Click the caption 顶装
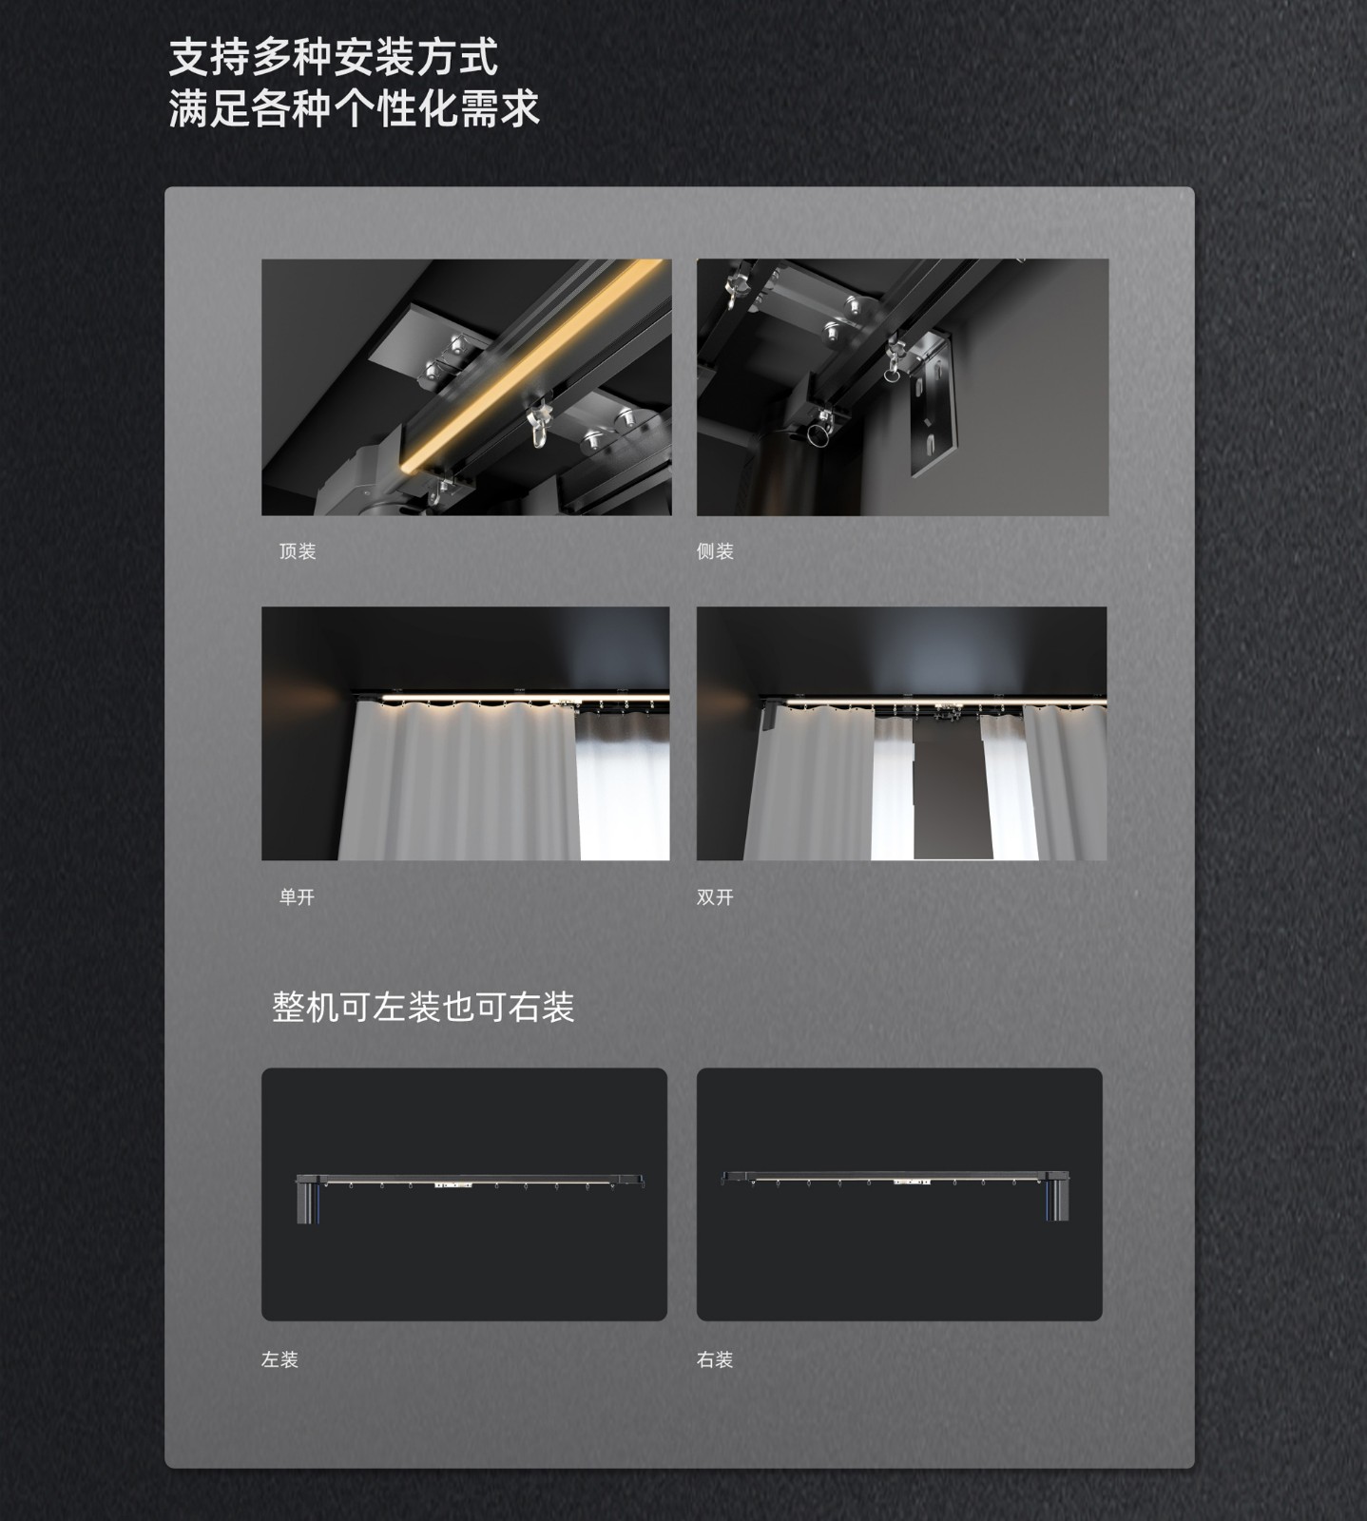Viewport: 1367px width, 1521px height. pyautogui.click(x=298, y=551)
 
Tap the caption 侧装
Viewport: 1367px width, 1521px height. pyautogui.click(x=715, y=551)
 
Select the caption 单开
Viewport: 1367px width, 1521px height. pyautogui.click(x=297, y=897)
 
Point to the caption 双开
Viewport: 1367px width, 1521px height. pyautogui.click(x=715, y=897)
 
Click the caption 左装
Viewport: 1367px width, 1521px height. pyautogui.click(x=279, y=1359)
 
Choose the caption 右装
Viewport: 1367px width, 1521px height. pyautogui.click(x=715, y=1359)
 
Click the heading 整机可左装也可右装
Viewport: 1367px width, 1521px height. pyautogui.click(x=423, y=1007)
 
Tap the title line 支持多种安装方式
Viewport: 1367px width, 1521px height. pyautogui.click(x=334, y=58)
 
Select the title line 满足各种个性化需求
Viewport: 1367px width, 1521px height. pyautogui.click(x=355, y=108)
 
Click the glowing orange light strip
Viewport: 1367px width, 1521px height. pyautogui.click(x=532, y=366)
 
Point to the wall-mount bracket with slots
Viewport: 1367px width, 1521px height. pyautogui.click(x=930, y=404)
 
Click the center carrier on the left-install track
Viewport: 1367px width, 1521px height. pyautogui.click(x=453, y=1184)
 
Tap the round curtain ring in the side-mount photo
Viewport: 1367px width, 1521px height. pyautogui.click(x=818, y=435)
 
